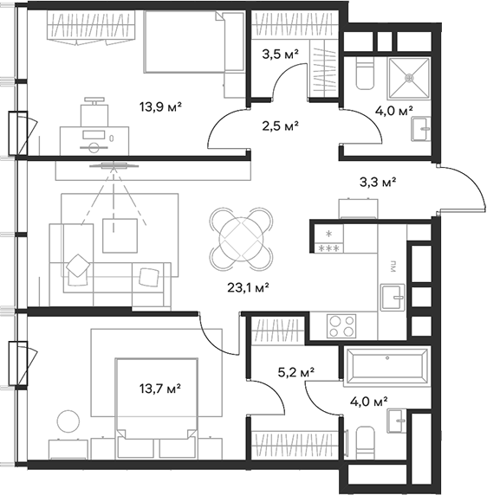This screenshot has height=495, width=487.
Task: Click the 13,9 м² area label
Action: pos(160,107)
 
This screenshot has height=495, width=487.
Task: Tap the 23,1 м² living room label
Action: pos(248,287)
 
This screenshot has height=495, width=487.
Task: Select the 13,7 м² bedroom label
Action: pos(160,389)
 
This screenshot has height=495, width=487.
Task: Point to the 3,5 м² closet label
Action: pos(280,55)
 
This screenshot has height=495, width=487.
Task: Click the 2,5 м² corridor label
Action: pos(280,126)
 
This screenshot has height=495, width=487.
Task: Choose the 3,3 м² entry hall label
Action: pos(378,182)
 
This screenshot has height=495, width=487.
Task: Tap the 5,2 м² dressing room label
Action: pos(295,372)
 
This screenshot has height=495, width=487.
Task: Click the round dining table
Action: pos(241,239)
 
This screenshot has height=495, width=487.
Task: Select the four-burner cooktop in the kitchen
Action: pos(341,326)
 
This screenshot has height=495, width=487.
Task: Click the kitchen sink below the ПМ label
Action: pos(393,297)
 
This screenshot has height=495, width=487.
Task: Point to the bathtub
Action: pos(386,366)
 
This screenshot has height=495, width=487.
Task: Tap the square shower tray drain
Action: pos(410,77)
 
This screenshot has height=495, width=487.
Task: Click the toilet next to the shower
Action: pos(365,74)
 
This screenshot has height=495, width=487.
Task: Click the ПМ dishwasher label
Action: pos(393,267)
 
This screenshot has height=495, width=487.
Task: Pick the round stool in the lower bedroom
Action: pos(68,421)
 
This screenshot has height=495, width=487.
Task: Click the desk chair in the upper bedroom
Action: pos(94,112)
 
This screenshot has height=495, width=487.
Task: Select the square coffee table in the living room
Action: pos(120,235)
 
